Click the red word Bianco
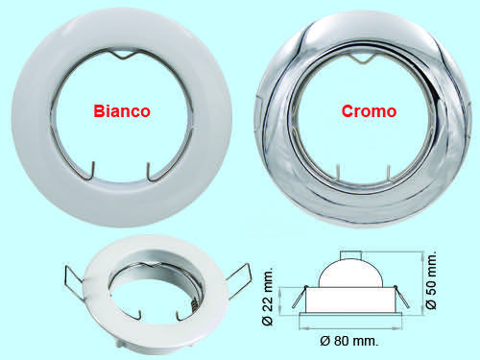(x=122, y=111)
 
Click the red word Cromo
(x=369, y=111)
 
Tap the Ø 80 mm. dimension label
(x=348, y=341)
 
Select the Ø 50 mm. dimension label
(x=431, y=280)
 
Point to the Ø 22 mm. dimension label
(x=268, y=296)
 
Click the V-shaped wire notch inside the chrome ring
(x=362, y=59)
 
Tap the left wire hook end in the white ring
(x=93, y=170)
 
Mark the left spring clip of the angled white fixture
(x=74, y=281)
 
